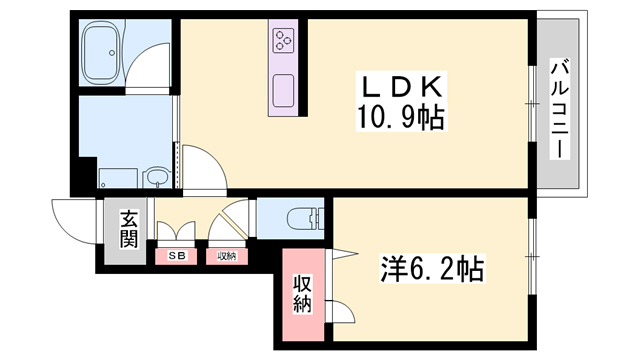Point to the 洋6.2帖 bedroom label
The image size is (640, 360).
pos(432,267)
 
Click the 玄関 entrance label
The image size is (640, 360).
pos(129,229)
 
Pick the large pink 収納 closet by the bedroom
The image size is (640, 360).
pos(302,294)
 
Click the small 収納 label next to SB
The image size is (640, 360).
pos(227,256)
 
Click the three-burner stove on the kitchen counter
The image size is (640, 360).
pos(283,41)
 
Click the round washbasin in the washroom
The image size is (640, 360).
pos(156,178)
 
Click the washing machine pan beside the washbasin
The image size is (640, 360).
pos(118,178)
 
